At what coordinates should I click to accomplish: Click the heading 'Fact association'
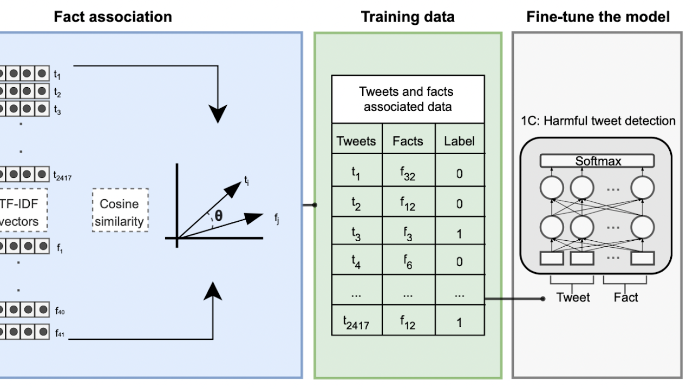[113, 17]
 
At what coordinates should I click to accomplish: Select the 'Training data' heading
[408, 17]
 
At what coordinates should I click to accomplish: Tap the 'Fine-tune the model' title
[598, 17]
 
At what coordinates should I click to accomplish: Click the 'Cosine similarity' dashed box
[120, 212]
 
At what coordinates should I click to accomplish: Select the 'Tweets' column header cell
[356, 141]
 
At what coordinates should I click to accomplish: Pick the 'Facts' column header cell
[408, 141]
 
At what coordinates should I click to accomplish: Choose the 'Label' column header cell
[459, 141]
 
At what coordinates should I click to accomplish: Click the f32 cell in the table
[408, 173]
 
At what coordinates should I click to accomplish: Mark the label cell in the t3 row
[459, 233]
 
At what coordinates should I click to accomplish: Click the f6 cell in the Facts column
[408, 262]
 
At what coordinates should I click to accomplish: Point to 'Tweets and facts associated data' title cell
[408, 99]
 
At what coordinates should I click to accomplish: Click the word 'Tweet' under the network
[573, 297]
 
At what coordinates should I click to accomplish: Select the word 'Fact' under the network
[626, 297]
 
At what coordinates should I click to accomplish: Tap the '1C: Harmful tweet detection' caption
[598, 121]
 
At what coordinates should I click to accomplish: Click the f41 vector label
[60, 334]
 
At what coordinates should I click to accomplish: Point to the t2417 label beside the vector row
[63, 176]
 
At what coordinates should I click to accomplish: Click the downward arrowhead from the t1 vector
[218, 115]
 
